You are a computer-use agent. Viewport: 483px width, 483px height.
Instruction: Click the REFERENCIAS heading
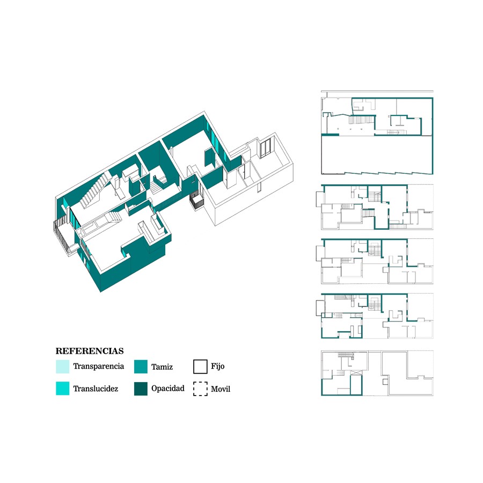(89, 351)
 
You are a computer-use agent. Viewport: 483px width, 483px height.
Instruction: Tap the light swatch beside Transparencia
(63, 367)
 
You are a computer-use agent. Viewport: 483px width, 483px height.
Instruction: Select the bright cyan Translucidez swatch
(63, 388)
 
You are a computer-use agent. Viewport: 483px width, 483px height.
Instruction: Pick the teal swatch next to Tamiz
(141, 367)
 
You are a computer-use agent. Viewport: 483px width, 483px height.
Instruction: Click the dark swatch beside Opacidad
(141, 389)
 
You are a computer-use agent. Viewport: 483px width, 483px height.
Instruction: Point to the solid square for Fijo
(200, 367)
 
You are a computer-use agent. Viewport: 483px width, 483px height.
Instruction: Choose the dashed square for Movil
(200, 389)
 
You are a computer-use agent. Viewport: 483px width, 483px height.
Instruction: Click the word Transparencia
(99, 366)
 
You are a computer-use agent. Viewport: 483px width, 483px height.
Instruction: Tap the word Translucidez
(96, 389)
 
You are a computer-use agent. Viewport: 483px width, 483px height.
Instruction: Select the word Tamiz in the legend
(162, 367)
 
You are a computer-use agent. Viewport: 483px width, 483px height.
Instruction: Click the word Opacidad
(168, 389)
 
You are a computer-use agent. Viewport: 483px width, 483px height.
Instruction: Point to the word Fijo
(218, 366)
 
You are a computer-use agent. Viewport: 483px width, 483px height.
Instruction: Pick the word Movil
(221, 389)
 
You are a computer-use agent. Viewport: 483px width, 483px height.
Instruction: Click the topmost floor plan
(377, 133)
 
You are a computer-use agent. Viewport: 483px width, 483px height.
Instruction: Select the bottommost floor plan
(377, 373)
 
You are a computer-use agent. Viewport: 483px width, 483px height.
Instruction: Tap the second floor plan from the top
(375, 207)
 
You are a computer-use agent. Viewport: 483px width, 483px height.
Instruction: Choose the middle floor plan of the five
(375, 261)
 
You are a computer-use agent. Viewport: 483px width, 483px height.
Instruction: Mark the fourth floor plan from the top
(375, 316)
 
